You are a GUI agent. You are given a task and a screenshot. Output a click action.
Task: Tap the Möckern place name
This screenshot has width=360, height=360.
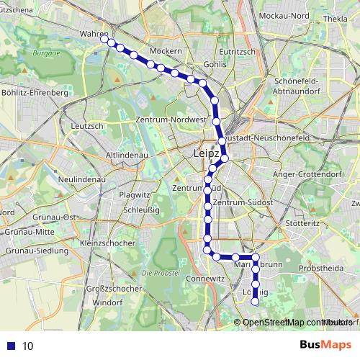(x=167, y=51)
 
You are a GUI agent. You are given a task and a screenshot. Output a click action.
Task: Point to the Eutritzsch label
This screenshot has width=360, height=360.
(x=240, y=51)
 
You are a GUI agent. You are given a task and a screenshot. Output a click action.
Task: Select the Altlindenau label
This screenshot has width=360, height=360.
(x=126, y=155)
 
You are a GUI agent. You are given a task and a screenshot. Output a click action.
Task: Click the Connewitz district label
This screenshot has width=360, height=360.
(x=200, y=278)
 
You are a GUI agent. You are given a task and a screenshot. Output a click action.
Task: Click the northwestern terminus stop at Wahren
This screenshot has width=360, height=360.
(x=105, y=40)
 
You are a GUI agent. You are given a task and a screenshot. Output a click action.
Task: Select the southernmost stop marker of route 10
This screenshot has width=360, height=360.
(x=255, y=302)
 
